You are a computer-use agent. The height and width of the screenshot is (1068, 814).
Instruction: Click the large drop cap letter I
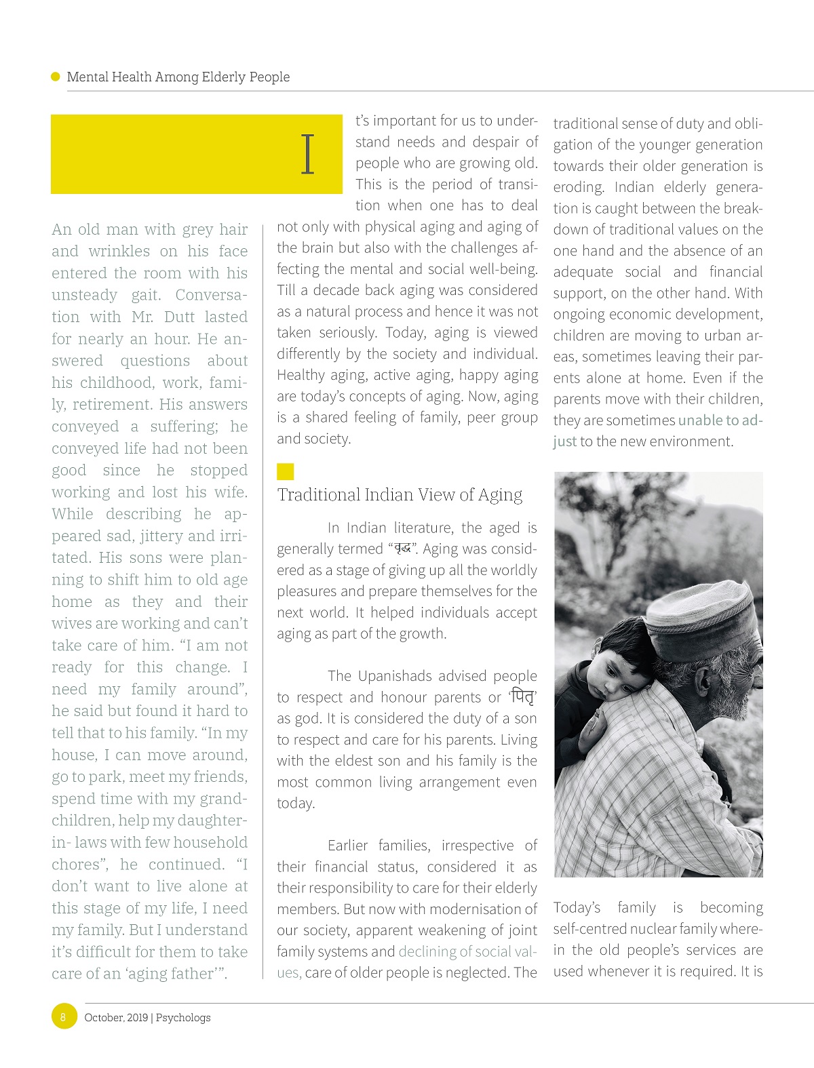tap(308, 154)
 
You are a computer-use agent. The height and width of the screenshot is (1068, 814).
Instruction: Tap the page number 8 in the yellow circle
tap(64, 1016)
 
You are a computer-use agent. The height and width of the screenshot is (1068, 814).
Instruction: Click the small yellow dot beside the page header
tap(56, 77)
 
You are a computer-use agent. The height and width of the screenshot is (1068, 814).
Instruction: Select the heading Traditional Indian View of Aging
tap(400, 495)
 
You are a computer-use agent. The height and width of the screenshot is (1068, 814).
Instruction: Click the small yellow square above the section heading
tap(285, 471)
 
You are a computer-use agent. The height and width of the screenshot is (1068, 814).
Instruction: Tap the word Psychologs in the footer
tap(183, 1017)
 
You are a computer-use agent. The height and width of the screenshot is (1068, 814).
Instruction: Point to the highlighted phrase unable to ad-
tap(720, 420)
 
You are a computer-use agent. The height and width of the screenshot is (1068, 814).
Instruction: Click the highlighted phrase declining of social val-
tap(467, 951)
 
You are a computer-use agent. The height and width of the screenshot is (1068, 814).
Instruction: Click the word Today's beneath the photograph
tap(577, 908)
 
